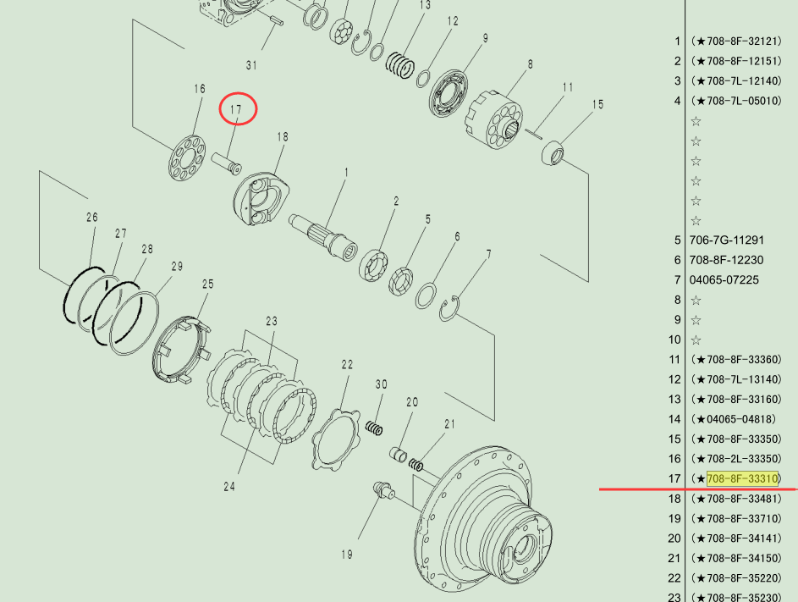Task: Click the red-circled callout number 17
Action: click(235, 109)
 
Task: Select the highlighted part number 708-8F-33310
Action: click(742, 478)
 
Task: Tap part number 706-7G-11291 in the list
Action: click(726, 240)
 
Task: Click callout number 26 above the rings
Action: click(92, 218)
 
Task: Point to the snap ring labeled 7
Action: click(449, 309)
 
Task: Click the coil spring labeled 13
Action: click(400, 64)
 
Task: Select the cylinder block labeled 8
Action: click(494, 119)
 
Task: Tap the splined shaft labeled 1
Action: click(323, 237)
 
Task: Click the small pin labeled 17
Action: click(227, 163)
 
